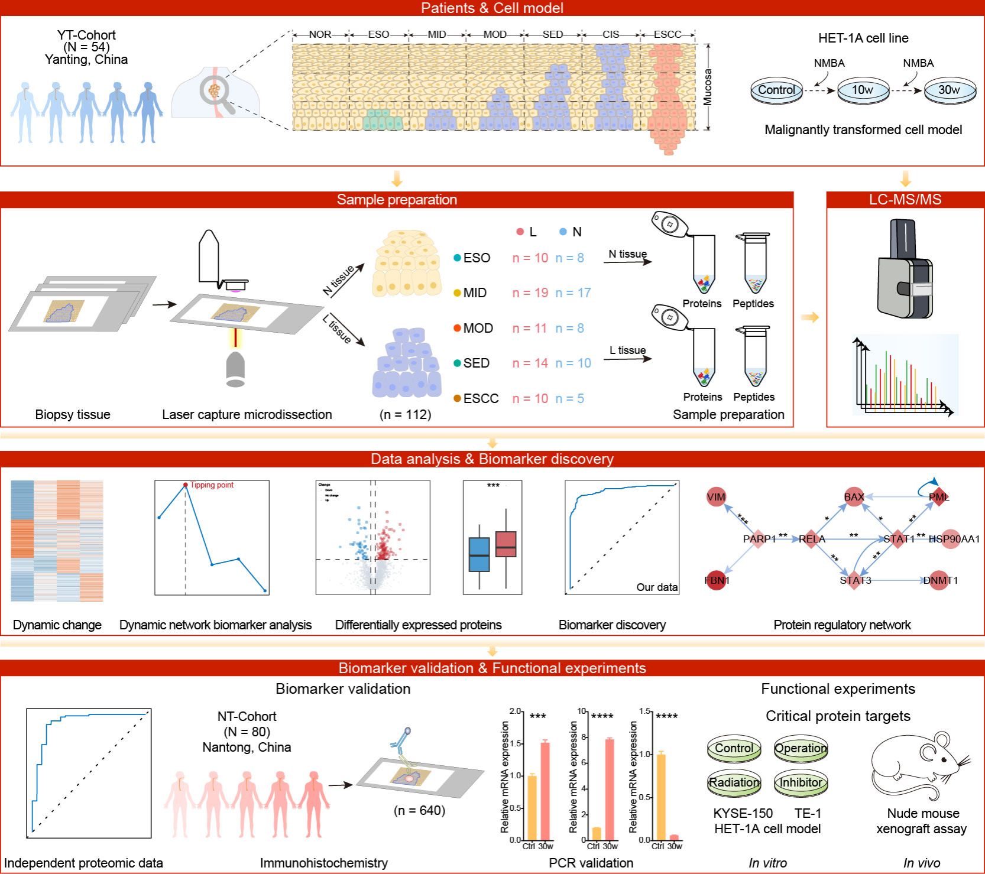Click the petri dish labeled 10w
(x=863, y=90)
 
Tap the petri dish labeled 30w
(x=950, y=90)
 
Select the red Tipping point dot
(x=186, y=485)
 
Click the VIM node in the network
(x=716, y=497)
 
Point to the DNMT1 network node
(x=940, y=580)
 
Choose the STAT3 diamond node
(x=855, y=580)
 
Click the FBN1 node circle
(x=717, y=580)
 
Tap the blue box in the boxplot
(x=479, y=554)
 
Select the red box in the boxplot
(x=506, y=544)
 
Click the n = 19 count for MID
(x=530, y=293)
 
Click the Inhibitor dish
(x=801, y=782)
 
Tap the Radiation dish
(x=734, y=782)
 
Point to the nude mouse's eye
(x=943, y=760)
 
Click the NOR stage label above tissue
(x=320, y=34)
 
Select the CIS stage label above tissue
(x=611, y=34)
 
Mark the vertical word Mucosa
(x=708, y=87)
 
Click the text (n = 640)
(x=419, y=810)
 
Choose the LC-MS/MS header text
(x=905, y=200)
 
